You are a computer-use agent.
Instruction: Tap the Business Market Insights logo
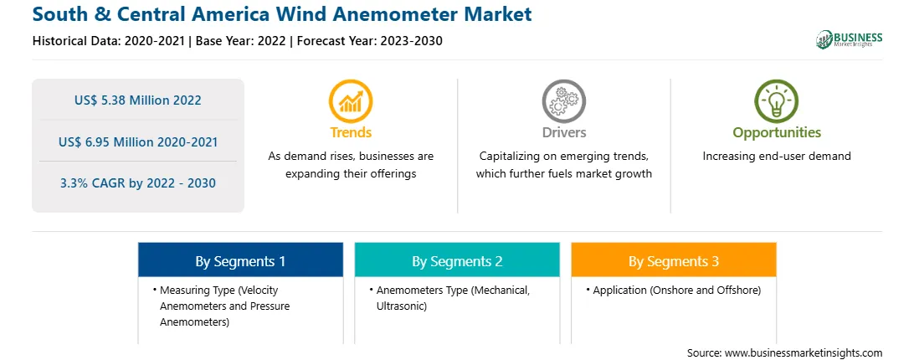[x=849, y=39]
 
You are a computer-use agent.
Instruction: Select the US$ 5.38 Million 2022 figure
[x=137, y=100]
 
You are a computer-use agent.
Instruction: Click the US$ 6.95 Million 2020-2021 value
[x=138, y=141]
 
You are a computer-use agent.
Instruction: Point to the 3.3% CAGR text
[x=138, y=183]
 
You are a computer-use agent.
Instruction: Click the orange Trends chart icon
[x=351, y=101]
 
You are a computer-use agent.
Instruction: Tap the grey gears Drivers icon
[x=563, y=101]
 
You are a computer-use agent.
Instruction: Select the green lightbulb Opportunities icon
[x=777, y=101]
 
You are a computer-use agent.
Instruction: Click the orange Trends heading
[x=351, y=132]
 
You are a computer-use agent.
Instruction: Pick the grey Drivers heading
[x=563, y=132]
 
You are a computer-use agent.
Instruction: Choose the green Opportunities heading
[x=777, y=133]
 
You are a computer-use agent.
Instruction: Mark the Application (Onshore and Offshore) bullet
[x=674, y=290]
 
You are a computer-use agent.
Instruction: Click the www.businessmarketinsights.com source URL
[x=804, y=352]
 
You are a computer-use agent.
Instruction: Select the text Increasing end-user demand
[x=777, y=157]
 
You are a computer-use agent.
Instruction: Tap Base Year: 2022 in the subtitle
[x=241, y=41]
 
